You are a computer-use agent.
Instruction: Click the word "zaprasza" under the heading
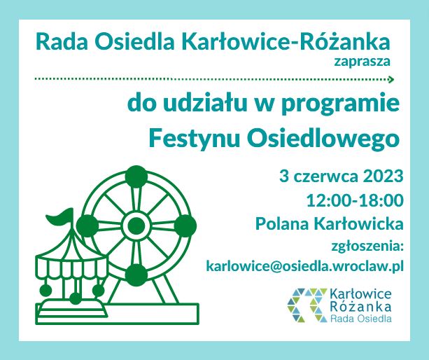(x=362, y=62)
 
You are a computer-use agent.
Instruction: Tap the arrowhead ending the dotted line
(x=391, y=80)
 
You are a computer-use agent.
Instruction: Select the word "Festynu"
(x=195, y=139)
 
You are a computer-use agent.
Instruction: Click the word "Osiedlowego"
(x=323, y=139)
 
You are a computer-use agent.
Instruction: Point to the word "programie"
(x=340, y=104)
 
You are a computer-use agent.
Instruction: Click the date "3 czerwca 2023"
(x=342, y=176)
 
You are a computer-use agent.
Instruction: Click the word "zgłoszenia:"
(x=367, y=247)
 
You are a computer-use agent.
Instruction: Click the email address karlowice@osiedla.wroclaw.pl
(x=305, y=266)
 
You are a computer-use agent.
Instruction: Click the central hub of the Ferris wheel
(x=136, y=226)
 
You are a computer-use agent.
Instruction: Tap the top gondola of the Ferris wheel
(x=136, y=176)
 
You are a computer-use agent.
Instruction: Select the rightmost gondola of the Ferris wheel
(x=185, y=226)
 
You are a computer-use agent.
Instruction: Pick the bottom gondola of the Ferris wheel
(x=136, y=275)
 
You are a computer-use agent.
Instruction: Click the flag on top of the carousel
(x=60, y=217)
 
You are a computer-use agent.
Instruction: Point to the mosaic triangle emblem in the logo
(x=307, y=305)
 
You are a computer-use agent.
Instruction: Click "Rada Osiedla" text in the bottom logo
(x=360, y=319)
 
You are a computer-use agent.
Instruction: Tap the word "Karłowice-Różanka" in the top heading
(x=286, y=42)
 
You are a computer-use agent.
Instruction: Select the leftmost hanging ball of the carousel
(x=45, y=291)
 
